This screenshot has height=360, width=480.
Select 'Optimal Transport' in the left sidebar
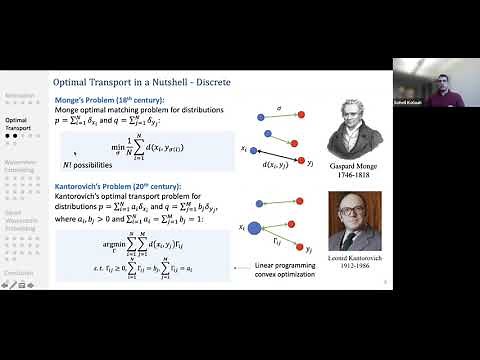pyautogui.click(x=19, y=124)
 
